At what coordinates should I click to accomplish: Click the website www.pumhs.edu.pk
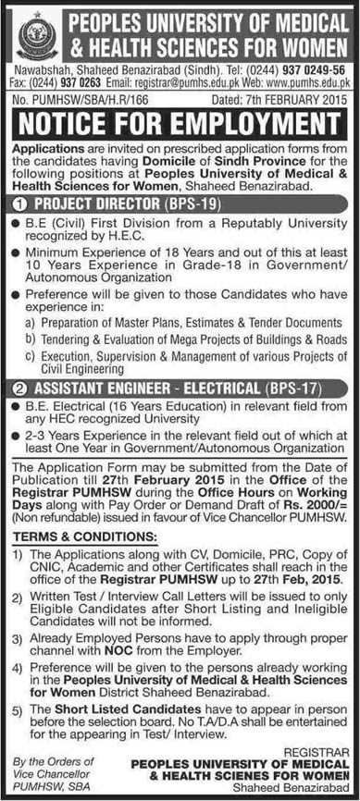point(304,80)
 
